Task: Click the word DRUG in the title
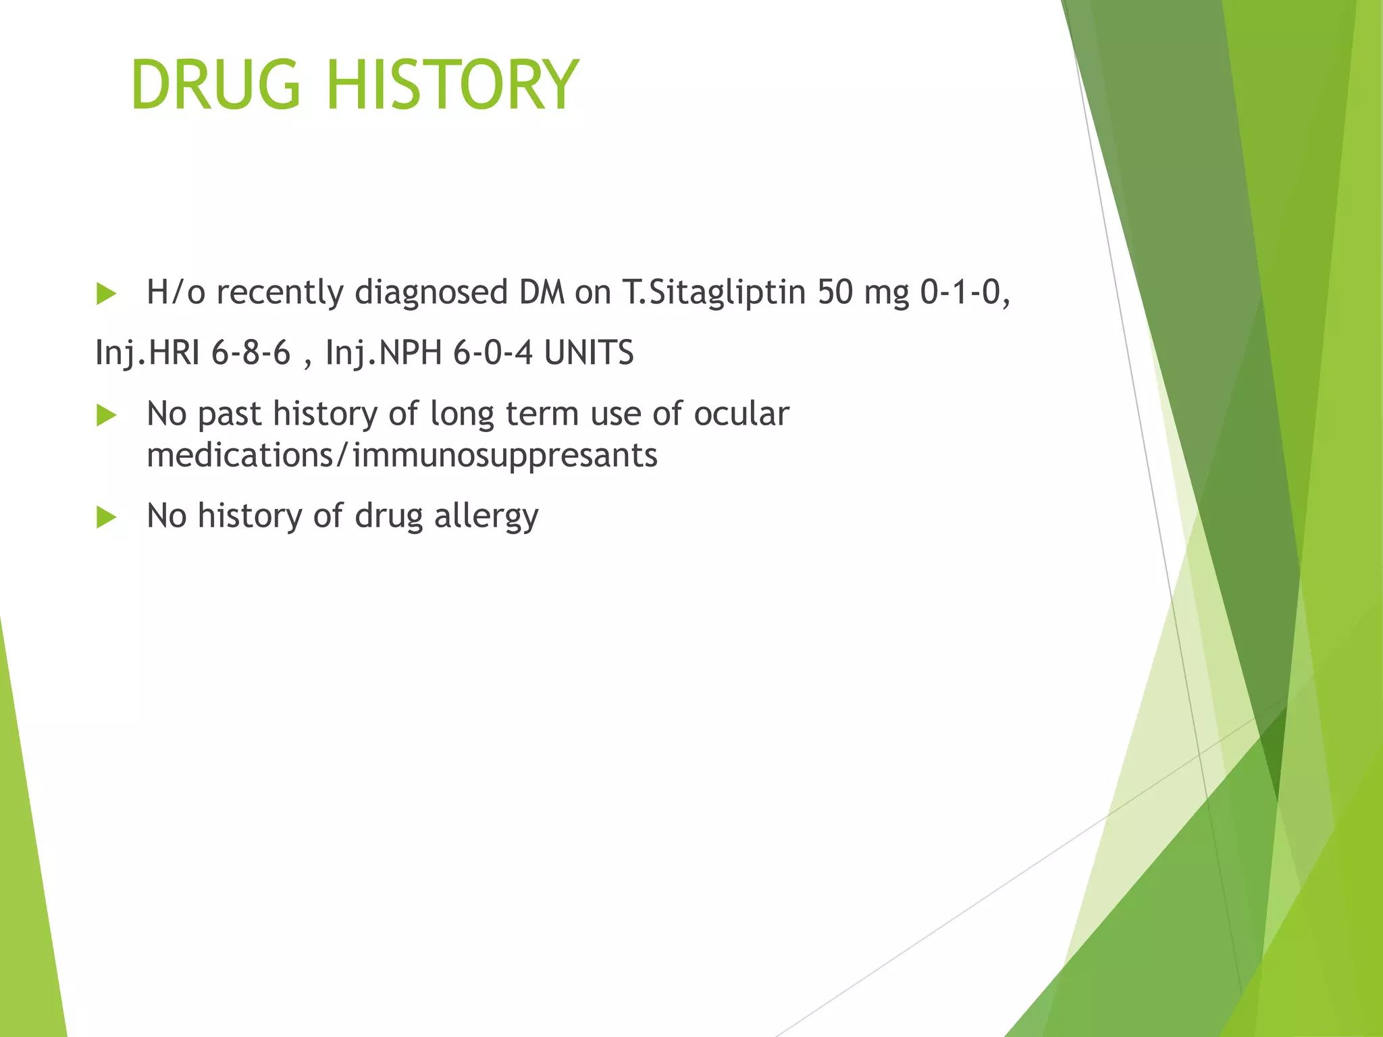[215, 85]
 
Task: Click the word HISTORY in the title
[452, 85]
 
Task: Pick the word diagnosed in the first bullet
[431, 293]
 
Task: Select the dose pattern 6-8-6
[251, 353]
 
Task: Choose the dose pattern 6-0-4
[492, 353]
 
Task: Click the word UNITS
[589, 353]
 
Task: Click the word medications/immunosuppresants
[402, 455]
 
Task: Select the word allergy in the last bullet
[486, 516]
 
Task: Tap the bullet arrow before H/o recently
[107, 294]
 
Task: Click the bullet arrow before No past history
[107, 415]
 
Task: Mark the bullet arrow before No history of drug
[107, 517]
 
